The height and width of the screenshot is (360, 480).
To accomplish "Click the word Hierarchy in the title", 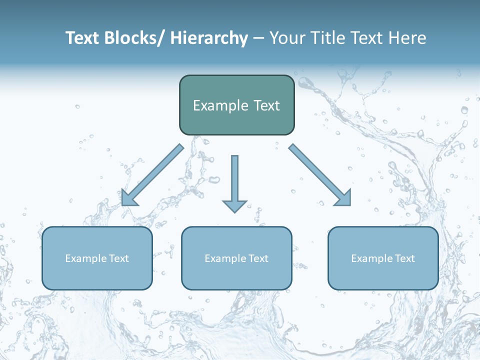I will tap(209, 38).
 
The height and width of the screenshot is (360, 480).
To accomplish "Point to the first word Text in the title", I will tap(82, 38).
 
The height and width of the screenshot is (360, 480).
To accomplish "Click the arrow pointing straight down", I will tap(234, 182).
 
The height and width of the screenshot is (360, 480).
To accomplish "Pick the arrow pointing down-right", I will tap(320, 175).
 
